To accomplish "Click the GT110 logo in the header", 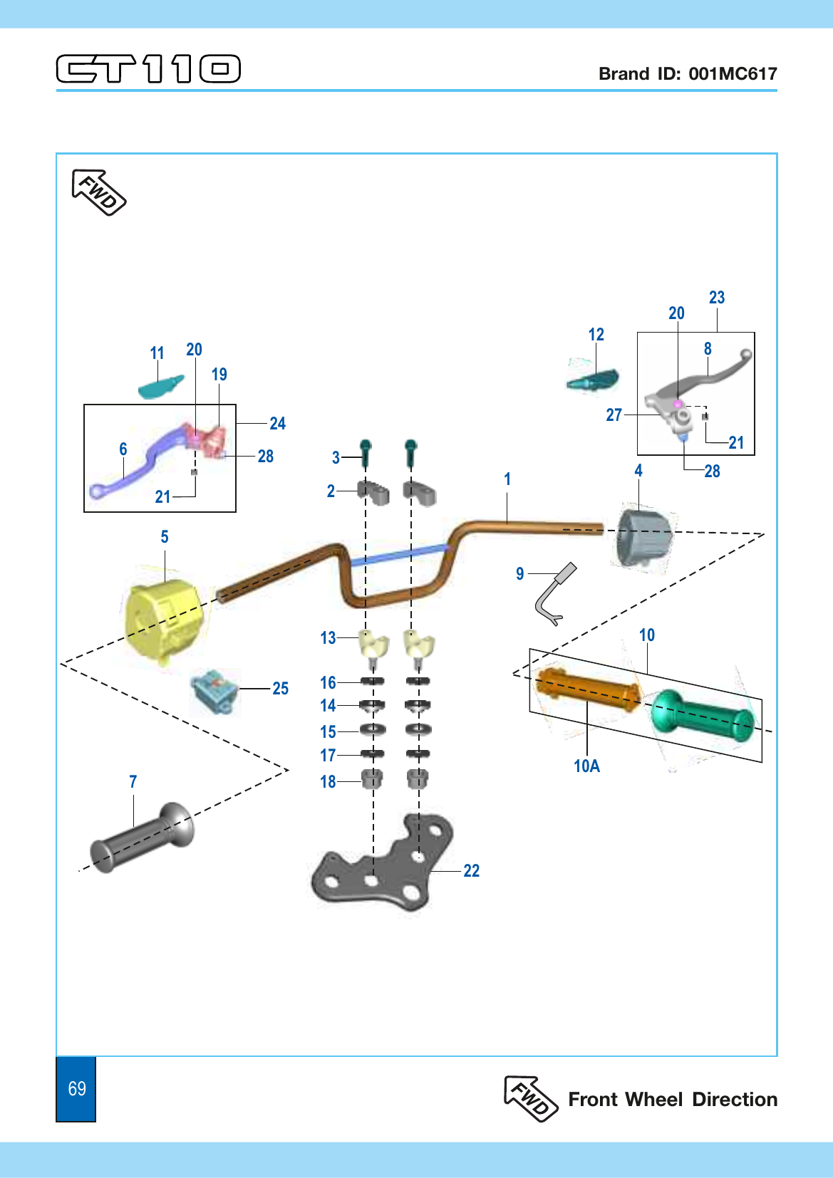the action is point(148,68).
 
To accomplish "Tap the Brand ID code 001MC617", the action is point(733,73).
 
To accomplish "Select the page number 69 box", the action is point(76,1088).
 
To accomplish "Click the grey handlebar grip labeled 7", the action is point(142,838).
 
